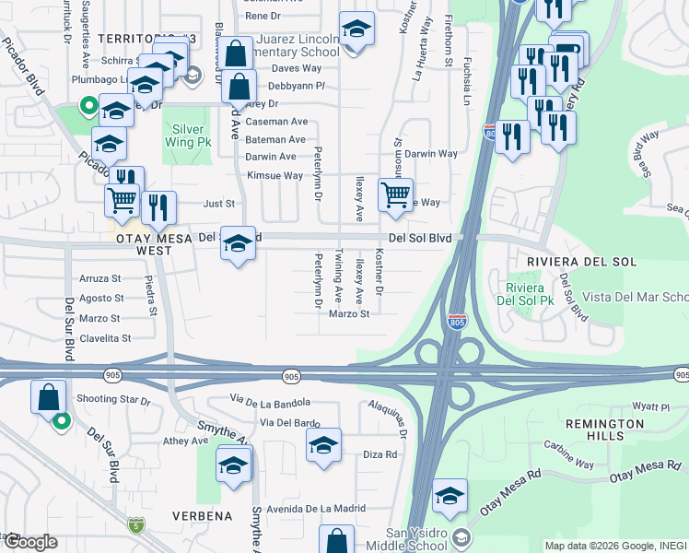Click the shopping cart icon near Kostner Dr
(395, 194)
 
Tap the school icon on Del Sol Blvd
(239, 244)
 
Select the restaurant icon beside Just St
(161, 208)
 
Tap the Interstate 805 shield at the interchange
(458, 322)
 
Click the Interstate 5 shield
(136, 526)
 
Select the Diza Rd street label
(380, 454)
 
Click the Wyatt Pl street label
(650, 406)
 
